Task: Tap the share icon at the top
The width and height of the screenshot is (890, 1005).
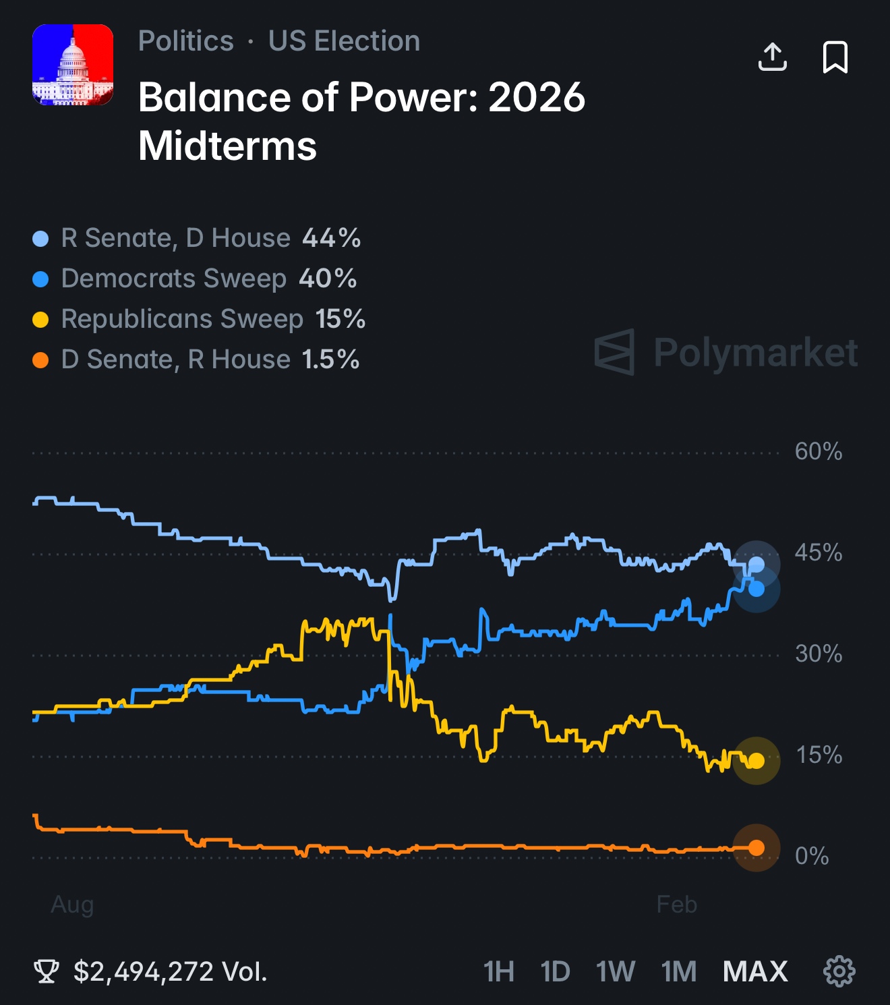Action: point(772,57)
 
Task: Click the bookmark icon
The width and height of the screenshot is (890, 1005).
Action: point(835,57)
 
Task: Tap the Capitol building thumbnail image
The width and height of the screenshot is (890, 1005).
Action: point(73,65)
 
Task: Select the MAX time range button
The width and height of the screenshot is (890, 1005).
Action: point(755,972)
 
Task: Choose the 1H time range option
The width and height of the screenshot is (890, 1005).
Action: point(499,972)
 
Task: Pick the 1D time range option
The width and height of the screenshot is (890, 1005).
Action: point(556,972)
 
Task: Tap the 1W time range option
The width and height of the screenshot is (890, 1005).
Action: point(615,972)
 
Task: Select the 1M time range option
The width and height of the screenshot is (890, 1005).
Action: point(679,972)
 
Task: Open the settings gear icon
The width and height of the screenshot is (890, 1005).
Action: point(839,971)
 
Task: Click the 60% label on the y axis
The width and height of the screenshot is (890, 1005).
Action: point(819,451)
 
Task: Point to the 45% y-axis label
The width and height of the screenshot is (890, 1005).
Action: point(819,552)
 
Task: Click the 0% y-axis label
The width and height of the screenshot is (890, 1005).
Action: point(812,856)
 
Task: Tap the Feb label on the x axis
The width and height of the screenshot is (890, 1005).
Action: point(677,904)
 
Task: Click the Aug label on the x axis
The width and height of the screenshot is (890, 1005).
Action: point(72,904)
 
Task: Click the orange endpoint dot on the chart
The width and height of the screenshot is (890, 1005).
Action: point(756,848)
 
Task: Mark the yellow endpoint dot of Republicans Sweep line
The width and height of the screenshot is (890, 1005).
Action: point(756,761)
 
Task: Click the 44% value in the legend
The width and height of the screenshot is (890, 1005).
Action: point(331,238)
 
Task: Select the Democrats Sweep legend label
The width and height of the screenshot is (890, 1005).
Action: point(174,279)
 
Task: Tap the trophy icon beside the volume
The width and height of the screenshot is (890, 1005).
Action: point(47,972)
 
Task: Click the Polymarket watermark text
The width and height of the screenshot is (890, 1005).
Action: point(755,352)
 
